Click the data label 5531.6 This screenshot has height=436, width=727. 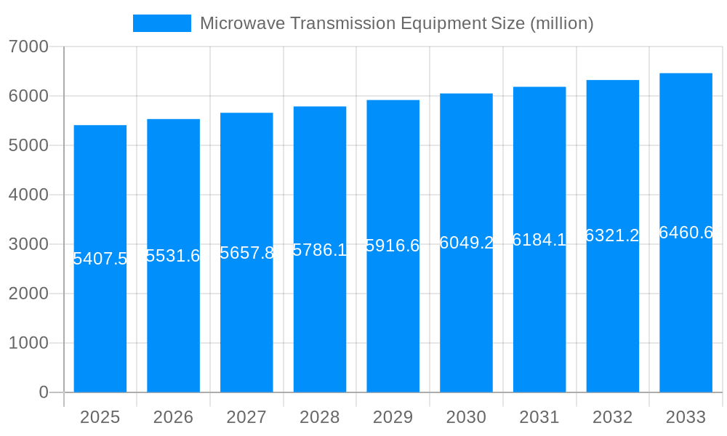173,256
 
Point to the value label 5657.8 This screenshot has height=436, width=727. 246,253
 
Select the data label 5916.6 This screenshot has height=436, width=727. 393,246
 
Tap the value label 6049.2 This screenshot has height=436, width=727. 466,243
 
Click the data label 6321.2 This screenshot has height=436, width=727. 612,235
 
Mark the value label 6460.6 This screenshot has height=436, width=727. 686,233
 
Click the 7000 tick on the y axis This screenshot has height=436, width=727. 28,47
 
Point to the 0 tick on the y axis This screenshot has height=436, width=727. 43,392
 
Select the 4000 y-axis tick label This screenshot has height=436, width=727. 28,195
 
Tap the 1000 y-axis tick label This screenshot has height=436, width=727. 28,343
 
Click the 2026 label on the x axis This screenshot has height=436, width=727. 173,417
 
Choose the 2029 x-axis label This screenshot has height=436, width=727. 393,417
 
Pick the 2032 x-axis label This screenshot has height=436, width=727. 612,417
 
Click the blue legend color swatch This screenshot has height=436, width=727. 161,23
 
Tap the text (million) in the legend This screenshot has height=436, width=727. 561,23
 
